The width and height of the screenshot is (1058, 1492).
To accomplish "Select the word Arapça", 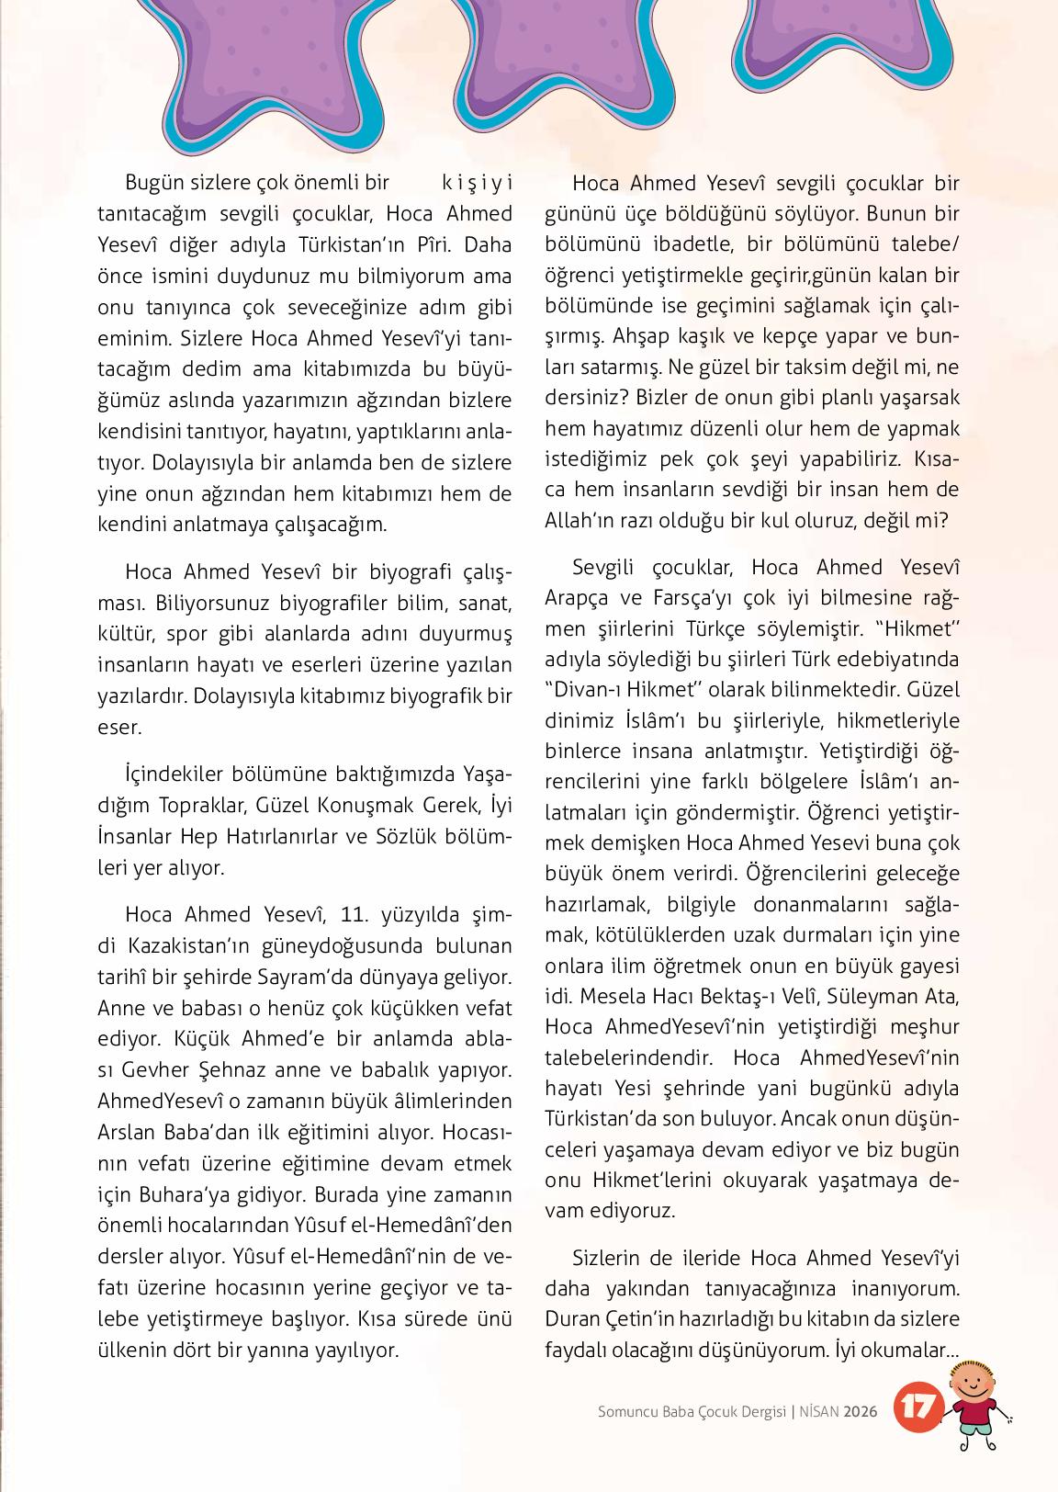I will click(x=580, y=598).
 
